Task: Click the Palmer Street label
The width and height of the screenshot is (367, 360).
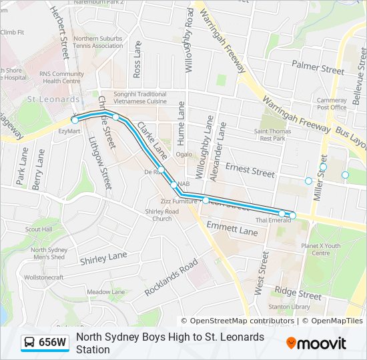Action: click(318, 68)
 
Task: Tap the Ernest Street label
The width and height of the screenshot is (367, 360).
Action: click(250, 171)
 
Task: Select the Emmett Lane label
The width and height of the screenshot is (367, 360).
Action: click(232, 231)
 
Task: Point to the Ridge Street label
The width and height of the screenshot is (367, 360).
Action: click(298, 293)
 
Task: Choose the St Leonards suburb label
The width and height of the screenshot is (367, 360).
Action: click(53, 99)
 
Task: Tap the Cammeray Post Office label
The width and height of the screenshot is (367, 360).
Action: click(332, 103)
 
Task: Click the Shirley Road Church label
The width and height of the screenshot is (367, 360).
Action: click(162, 215)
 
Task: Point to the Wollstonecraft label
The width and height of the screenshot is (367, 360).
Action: click(43, 277)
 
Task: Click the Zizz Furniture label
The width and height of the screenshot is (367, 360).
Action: click(179, 200)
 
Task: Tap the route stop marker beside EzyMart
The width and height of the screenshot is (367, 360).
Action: click(75, 120)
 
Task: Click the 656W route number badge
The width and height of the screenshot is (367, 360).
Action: click(53, 343)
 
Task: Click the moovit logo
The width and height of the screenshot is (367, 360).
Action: click(316, 343)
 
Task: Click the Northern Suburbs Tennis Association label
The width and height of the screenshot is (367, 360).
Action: click(98, 42)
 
